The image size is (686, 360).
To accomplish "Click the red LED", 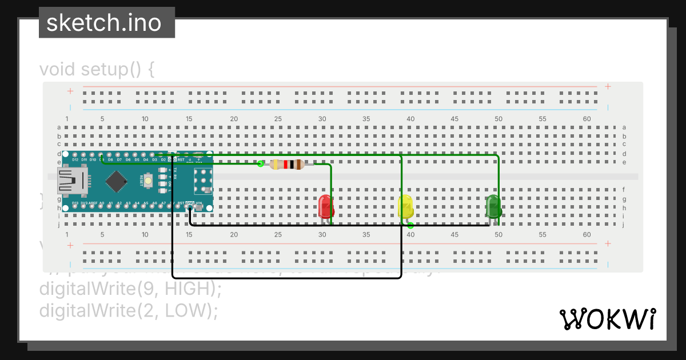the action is point(326,206).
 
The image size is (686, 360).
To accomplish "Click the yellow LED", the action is point(405,206).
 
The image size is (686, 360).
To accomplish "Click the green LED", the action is point(493,206).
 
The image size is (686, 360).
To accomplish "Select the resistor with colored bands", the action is point(286,165).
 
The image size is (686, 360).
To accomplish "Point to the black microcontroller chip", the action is point(116,182).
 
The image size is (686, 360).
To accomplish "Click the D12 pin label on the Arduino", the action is point(75,160).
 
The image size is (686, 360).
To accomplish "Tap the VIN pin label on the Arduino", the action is point(199,203).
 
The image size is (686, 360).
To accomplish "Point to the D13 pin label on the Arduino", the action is point(75,203).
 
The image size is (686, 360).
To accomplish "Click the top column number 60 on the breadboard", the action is point(587,119).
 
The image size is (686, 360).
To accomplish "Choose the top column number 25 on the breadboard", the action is point(278,119).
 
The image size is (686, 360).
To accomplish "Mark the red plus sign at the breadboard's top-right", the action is point(608,87).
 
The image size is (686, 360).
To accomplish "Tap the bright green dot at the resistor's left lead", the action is point(261,164).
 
